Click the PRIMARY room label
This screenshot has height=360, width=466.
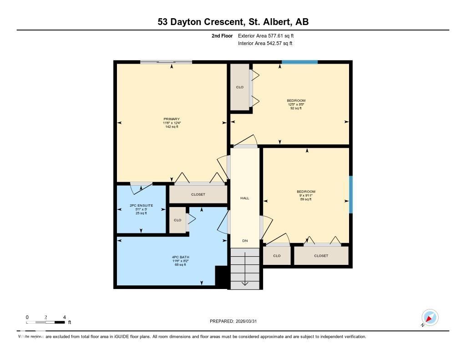(172, 122)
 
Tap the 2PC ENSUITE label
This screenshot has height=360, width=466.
(141, 209)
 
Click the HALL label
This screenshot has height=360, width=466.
(245, 198)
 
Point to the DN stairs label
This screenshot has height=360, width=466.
(245, 241)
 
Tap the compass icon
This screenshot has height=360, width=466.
(430, 317)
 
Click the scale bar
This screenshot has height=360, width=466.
(46, 322)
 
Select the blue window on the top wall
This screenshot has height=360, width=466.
(299, 62)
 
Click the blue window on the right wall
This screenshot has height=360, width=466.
(350, 194)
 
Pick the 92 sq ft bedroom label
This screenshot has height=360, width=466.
(296, 104)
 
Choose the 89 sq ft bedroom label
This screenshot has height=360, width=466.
(306, 195)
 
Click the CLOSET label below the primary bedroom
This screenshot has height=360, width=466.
(198, 194)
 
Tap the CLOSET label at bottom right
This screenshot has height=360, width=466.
(321, 256)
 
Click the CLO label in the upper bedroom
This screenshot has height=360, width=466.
(239, 87)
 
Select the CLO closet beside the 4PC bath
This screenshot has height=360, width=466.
(177, 220)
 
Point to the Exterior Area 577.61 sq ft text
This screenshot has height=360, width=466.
(269, 35)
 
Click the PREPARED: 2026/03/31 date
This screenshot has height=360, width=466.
(236, 321)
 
